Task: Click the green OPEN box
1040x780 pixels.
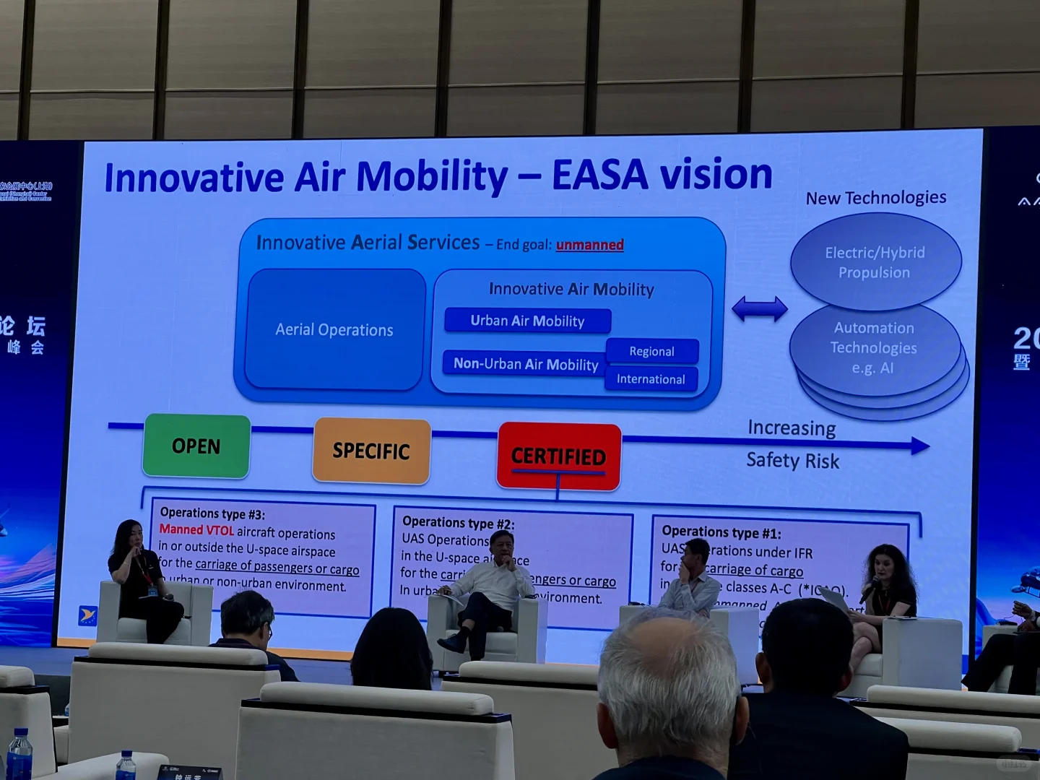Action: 196,446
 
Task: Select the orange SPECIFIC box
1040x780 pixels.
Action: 371,451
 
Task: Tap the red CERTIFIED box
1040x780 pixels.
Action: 558,456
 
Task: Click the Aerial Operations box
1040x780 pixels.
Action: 334,330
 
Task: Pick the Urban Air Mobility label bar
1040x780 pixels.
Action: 527,321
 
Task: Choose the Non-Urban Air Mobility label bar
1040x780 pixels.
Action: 525,364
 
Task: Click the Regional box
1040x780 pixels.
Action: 651,351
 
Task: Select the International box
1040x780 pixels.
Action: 651,379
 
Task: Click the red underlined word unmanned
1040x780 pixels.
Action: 589,245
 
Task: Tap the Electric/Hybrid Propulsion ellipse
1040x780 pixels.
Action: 875,262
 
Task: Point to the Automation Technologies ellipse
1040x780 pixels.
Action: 873,348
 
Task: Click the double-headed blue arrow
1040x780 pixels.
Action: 759,309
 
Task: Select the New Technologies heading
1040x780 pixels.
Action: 875,198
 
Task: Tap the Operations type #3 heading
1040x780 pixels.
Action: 212,513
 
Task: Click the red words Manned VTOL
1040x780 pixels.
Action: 196,530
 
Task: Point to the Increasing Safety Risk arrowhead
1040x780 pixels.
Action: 919,446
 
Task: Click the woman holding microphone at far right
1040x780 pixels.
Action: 887,592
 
